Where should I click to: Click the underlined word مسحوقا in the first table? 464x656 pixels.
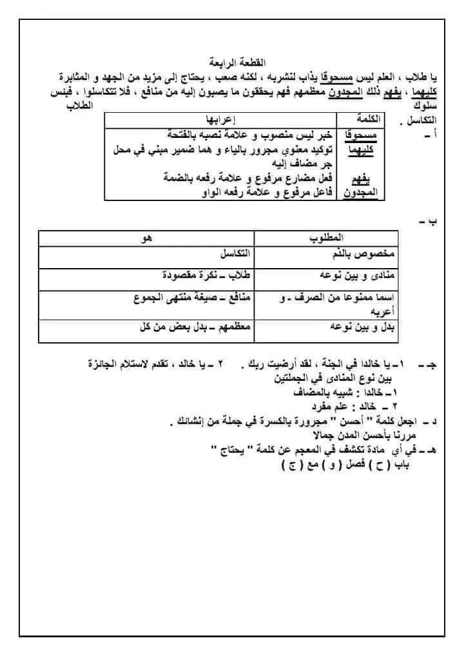362,135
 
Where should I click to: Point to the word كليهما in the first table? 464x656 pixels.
362,150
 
